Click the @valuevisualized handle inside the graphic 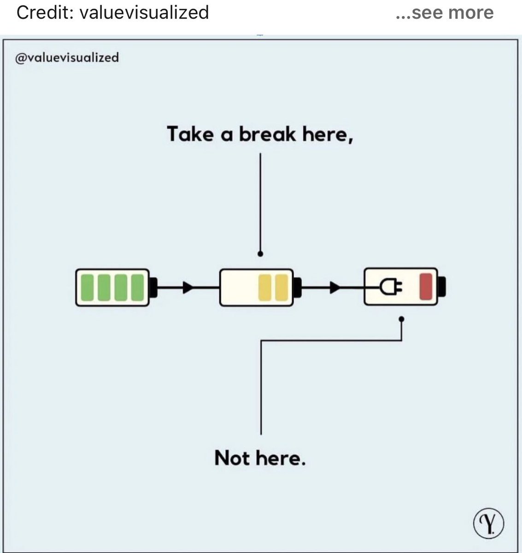click(x=67, y=58)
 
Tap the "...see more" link click(x=445, y=12)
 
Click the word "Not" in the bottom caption click(x=232, y=458)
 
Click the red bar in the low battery click(x=426, y=287)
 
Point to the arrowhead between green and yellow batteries click(x=187, y=288)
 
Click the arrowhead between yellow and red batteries click(x=335, y=288)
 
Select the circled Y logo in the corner click(x=488, y=524)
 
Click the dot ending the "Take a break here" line click(x=260, y=253)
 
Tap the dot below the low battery click(x=402, y=319)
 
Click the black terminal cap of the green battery click(x=153, y=287)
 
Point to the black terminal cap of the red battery click(x=441, y=287)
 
